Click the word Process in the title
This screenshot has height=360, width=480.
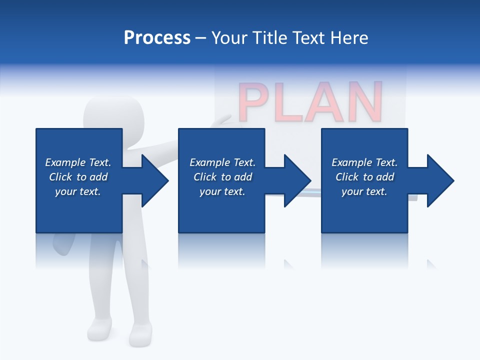157,38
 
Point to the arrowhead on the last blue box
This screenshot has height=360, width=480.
439,180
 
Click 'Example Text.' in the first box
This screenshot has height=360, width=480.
78,162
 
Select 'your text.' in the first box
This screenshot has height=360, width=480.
78,191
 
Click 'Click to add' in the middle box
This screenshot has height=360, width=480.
222,177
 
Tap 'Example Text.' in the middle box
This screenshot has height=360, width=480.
222,162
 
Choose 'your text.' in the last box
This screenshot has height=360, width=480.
364,191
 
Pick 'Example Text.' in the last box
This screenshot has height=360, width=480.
364,162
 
